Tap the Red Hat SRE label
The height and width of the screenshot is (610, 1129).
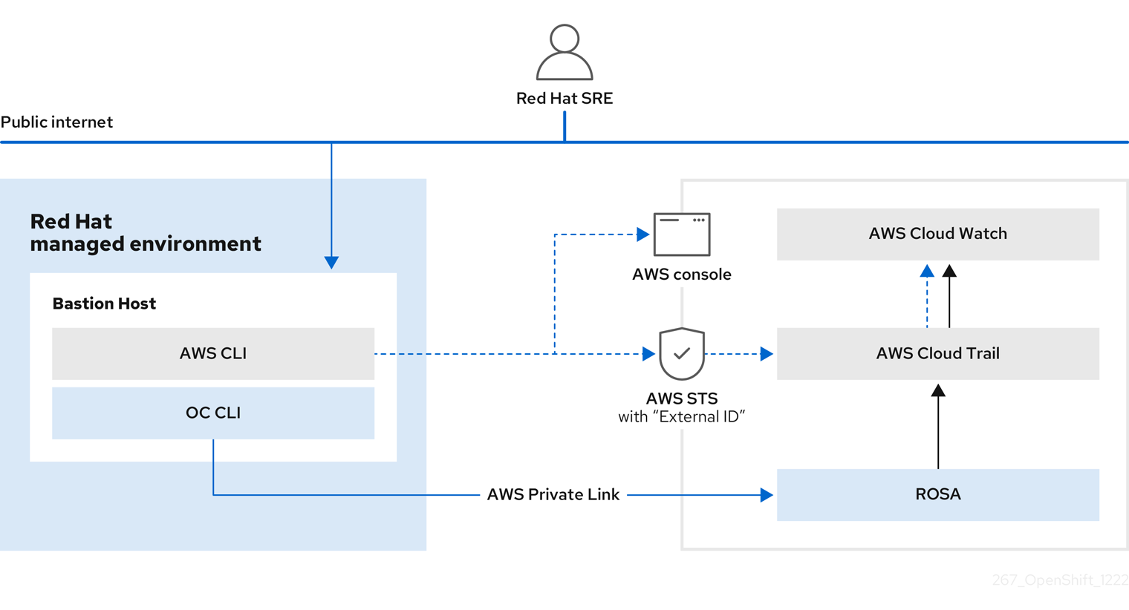point(564,99)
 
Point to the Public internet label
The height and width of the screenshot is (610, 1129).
point(56,122)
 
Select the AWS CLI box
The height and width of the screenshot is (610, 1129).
point(213,354)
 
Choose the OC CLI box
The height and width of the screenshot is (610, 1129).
point(213,413)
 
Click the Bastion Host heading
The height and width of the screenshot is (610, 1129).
point(104,304)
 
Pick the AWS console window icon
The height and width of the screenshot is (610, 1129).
point(682,234)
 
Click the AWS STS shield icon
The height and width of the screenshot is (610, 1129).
point(682,354)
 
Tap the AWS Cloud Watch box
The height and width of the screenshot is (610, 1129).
point(938,234)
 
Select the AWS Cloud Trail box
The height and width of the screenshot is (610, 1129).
point(938,354)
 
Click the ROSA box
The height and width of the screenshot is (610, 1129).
point(938,494)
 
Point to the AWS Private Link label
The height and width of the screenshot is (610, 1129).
point(553,495)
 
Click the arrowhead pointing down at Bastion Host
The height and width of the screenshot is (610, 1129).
point(331,263)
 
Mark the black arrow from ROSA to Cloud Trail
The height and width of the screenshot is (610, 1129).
point(938,427)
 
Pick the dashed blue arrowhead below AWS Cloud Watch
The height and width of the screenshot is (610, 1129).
point(927,271)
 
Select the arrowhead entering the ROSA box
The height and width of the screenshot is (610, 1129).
point(767,495)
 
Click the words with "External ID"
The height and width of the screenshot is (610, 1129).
point(682,417)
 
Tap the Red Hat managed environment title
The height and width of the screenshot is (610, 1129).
point(146,232)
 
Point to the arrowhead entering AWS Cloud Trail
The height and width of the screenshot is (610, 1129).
point(767,354)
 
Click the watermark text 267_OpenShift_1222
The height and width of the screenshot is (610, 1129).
point(1060,580)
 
